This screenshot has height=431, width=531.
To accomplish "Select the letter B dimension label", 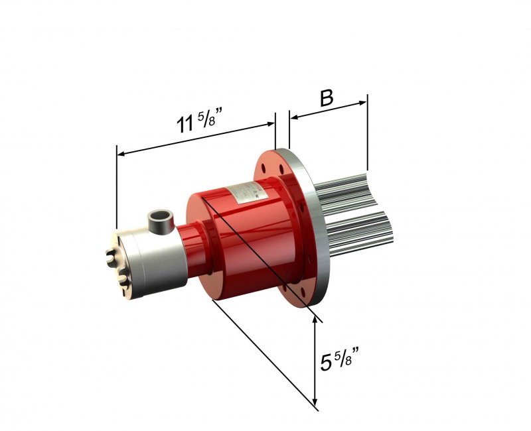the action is (327, 98).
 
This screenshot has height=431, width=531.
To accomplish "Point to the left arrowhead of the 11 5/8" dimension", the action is (121, 154).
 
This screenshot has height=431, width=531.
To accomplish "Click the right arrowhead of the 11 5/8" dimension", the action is (271, 124).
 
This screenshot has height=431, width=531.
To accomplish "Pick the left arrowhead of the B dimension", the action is (294, 117).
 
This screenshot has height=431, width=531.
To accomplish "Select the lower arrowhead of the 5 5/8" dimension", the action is (315, 402).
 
